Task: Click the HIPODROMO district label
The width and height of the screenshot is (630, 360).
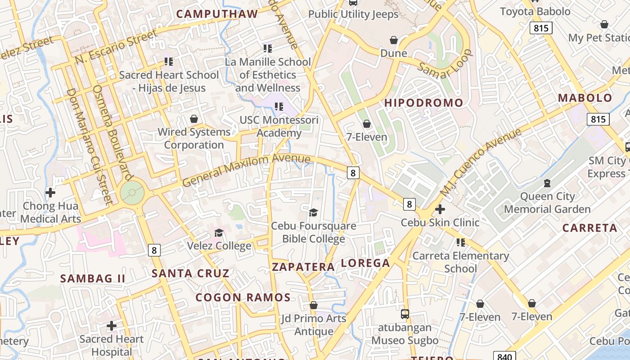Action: pos(423,103)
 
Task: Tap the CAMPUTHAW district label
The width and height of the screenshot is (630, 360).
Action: pos(217,14)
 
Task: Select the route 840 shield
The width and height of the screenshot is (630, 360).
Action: pos(504,356)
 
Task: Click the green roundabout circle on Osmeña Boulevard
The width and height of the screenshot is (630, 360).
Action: pos(132,193)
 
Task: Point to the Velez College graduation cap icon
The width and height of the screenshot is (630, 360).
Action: pos(219,233)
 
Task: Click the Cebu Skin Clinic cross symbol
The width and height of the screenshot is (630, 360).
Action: pos(440,209)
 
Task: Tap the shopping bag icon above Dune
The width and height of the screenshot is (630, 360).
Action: pos(394,40)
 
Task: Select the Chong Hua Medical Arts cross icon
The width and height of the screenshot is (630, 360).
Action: pos(50,193)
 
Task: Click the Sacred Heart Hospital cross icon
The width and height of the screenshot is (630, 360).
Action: pos(112,325)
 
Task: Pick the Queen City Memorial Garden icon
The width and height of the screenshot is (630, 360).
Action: pos(547,183)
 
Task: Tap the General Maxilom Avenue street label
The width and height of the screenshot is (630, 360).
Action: pos(247,170)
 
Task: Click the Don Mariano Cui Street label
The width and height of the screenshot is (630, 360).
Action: pos(89,146)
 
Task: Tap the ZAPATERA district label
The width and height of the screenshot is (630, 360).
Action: pos(303,267)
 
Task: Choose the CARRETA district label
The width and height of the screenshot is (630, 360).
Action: pos(589,228)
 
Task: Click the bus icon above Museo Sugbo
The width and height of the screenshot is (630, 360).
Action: pos(405,314)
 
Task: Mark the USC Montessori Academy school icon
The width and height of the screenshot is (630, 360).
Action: pos(279,107)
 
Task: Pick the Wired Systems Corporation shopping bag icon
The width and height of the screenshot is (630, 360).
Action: pos(194,119)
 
